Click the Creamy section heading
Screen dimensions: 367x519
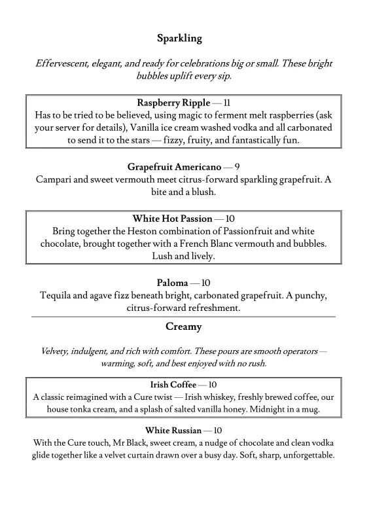pos(183,327)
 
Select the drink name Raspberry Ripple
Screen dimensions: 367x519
pos(173,103)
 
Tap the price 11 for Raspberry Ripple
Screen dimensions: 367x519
pos(227,103)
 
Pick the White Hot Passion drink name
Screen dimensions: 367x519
pos(173,219)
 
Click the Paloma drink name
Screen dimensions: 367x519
pos(172,283)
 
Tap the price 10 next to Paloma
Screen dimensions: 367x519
pos(205,283)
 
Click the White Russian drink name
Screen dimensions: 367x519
pos(173,430)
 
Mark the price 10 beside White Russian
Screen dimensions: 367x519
pos(218,430)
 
